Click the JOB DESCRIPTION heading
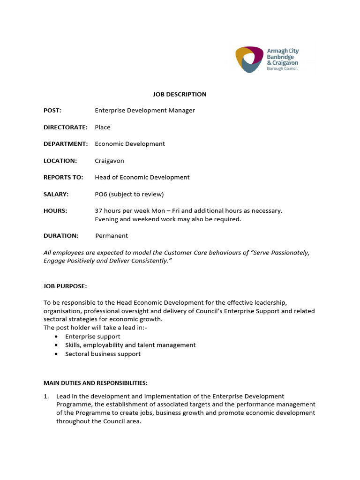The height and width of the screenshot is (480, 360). click(x=180, y=94)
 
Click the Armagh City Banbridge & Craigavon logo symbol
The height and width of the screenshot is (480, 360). click(x=249, y=60)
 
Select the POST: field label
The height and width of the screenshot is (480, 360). click(x=52, y=111)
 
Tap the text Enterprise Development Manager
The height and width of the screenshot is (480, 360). click(x=144, y=111)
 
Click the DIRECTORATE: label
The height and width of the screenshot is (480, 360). click(x=65, y=127)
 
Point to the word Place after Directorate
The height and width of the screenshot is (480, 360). click(x=103, y=127)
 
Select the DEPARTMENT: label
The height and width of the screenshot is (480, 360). click(x=65, y=144)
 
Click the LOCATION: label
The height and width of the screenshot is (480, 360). click(x=60, y=161)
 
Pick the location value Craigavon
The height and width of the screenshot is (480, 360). click(x=109, y=161)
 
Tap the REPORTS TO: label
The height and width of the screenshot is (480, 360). click(x=63, y=177)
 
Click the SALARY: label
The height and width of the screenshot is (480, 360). click(x=56, y=194)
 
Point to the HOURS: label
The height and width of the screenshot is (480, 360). click(x=55, y=211)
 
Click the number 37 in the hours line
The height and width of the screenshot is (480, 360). click(x=98, y=211)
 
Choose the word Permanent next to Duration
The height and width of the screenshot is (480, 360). click(x=112, y=236)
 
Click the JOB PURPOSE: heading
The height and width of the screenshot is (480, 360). click(x=65, y=286)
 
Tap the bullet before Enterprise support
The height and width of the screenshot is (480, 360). click(x=57, y=337)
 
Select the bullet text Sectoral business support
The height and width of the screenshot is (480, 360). click(x=103, y=354)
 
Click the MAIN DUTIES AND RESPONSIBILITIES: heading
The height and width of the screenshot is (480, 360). click(x=96, y=383)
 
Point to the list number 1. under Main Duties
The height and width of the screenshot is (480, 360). click(x=46, y=397)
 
